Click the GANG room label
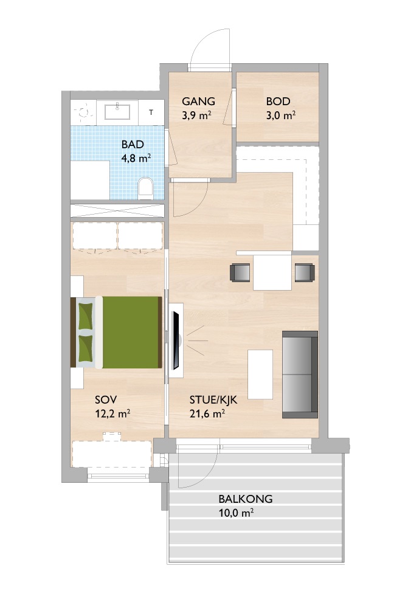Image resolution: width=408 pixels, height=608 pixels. pos(198,102)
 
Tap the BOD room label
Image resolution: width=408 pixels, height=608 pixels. pos(278,102)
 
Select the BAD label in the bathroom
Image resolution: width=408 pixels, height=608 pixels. pos(133,145)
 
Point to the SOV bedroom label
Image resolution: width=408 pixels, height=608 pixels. pos(106,400)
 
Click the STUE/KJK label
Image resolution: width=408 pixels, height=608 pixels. pos(213,400)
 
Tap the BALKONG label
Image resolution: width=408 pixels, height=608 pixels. pos(246,499)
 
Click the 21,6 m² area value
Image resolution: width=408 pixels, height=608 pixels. pos(207,413)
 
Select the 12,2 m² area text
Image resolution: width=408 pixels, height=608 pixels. pos(112,413)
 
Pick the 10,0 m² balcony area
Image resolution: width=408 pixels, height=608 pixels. pos(236,513)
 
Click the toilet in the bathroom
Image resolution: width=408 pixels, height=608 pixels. pos(146,188)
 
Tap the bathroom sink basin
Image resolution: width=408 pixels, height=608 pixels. pos(118,112)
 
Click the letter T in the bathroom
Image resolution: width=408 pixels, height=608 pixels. pos(151,112)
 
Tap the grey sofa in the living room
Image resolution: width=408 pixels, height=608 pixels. pos(300,374)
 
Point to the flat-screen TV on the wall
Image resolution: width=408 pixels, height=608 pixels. pos(176,340)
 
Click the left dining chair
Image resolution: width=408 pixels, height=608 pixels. pos(240,272)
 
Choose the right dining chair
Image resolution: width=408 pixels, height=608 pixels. pos(305,272)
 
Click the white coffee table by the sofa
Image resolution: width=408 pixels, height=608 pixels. pos(260,374)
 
